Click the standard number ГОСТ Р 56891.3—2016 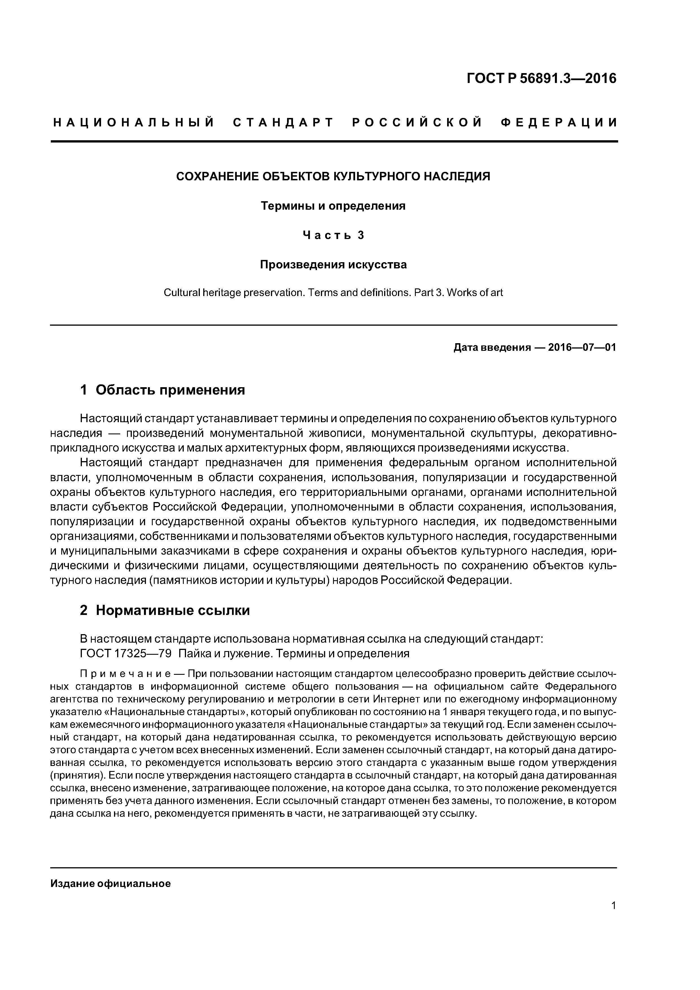coord(542,78)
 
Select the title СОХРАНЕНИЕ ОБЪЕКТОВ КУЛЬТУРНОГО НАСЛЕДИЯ coord(333,176)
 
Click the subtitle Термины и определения coord(333,206)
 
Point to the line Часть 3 coord(333,235)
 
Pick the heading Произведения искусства coord(333,264)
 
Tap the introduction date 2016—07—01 coord(582,347)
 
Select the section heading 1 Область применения coord(163,390)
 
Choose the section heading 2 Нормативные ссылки coord(165,610)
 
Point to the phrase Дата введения coord(492,347)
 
